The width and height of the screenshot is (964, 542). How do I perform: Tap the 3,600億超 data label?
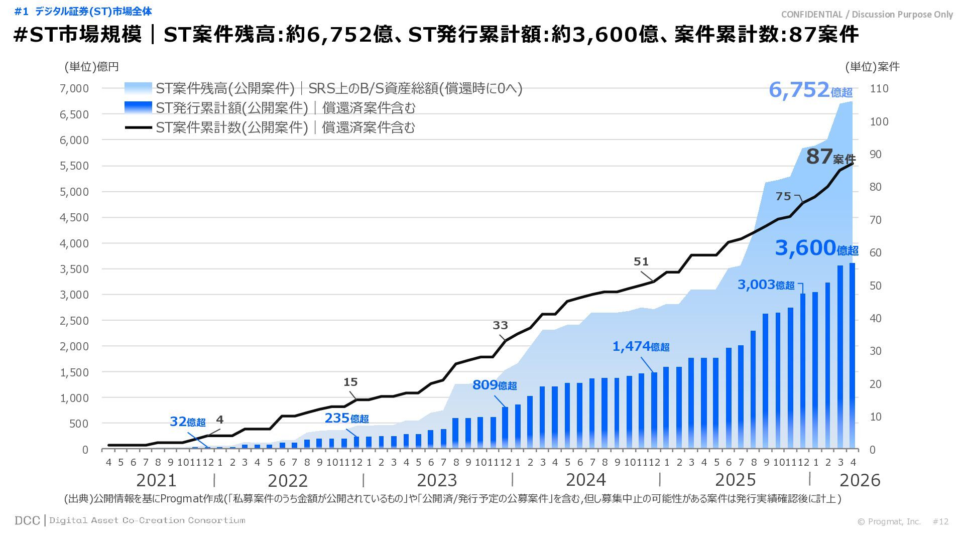point(816,248)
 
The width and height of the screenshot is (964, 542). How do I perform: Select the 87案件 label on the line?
point(830,157)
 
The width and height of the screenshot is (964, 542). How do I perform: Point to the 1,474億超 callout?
point(641,346)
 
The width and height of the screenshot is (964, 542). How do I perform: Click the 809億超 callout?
point(495,385)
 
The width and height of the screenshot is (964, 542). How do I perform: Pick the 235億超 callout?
point(346,418)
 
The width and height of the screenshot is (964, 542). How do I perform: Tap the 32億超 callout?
point(187,422)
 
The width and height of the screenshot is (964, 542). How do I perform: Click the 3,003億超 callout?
point(766,285)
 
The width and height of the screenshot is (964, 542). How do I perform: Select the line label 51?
point(641,261)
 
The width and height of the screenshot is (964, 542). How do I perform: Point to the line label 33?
point(500,325)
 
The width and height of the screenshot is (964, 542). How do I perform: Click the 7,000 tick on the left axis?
point(74,88)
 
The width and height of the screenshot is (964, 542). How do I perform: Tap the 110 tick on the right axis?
point(879,88)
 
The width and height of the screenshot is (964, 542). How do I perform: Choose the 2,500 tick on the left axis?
point(74,321)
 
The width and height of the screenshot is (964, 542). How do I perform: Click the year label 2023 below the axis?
point(437,480)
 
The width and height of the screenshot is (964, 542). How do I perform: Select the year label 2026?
point(860,480)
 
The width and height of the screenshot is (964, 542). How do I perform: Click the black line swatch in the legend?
point(138,127)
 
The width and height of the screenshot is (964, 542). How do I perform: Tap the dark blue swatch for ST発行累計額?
point(138,107)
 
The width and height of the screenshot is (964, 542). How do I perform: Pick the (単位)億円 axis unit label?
point(91,67)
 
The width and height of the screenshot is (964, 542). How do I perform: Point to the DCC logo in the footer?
point(27,520)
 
